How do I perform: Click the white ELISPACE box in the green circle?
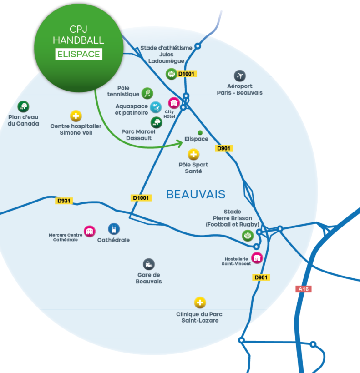(x=78, y=54)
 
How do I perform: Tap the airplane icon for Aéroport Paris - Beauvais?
(x=240, y=76)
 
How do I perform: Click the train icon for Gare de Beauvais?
(x=149, y=264)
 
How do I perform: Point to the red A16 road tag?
(x=304, y=289)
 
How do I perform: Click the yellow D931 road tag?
(x=64, y=201)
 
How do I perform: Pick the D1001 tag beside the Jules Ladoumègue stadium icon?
(x=187, y=74)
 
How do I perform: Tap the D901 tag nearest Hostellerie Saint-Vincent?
(x=261, y=277)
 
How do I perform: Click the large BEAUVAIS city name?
(x=196, y=194)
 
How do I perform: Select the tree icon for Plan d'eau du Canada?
(x=23, y=107)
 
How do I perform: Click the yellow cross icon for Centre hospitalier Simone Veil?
(x=76, y=116)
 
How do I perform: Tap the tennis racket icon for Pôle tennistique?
(x=147, y=93)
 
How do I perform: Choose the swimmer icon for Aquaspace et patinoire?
(x=156, y=107)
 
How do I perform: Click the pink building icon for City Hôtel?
(x=173, y=103)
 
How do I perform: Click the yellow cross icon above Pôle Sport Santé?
(x=194, y=155)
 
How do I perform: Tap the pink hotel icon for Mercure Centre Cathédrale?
(x=90, y=231)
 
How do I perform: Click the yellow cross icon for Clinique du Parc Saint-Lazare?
(x=200, y=302)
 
